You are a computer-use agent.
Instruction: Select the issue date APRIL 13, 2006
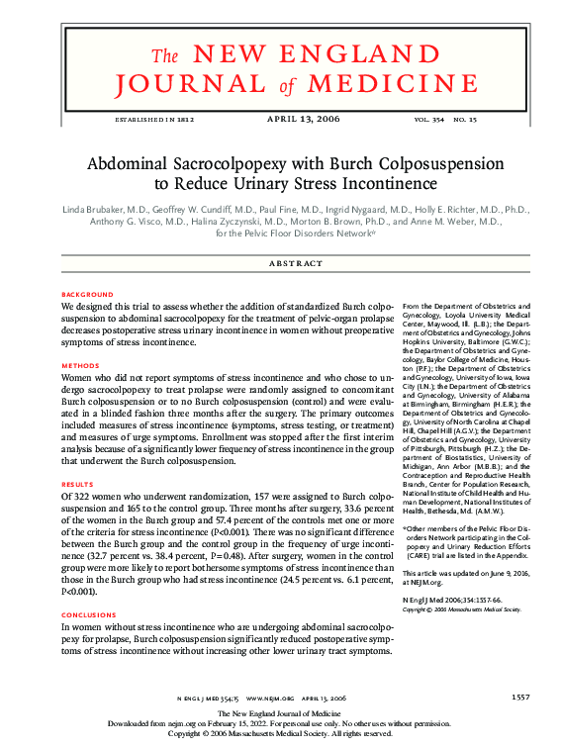click(304, 120)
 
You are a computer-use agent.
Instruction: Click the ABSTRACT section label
click(297, 263)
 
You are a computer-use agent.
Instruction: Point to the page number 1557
click(520, 698)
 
